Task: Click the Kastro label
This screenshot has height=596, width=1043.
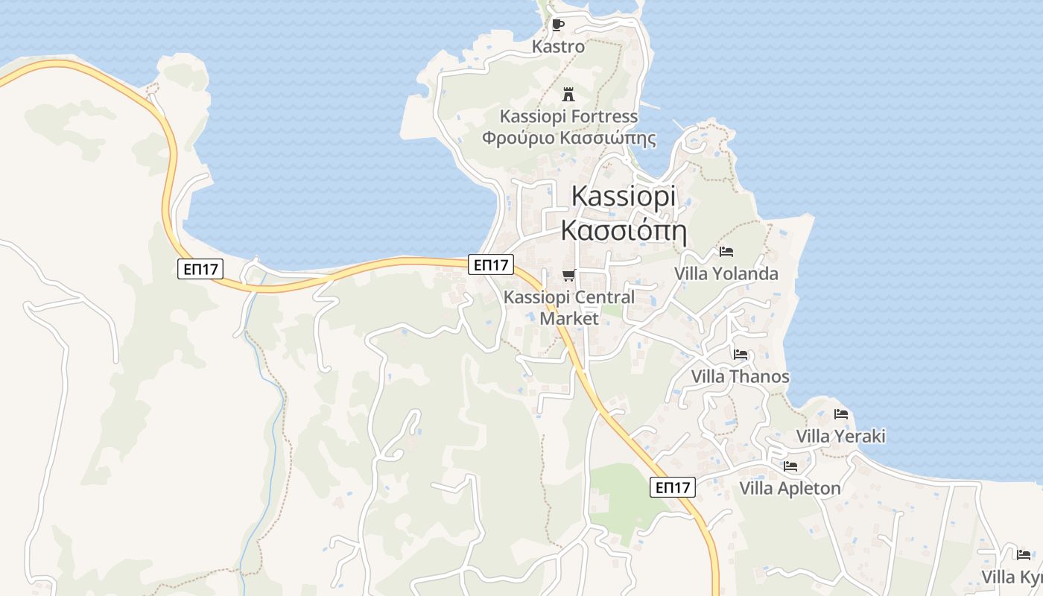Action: [x=558, y=46]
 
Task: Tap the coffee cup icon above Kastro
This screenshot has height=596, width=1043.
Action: [x=558, y=25]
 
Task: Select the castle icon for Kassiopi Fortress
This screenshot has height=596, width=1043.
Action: [x=568, y=95]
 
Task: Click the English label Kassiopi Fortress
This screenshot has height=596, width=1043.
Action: [x=568, y=116]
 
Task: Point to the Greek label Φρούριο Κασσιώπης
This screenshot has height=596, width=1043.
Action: [x=568, y=138]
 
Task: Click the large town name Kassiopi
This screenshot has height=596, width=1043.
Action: [x=624, y=196]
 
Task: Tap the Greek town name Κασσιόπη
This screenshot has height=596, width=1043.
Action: [x=624, y=230]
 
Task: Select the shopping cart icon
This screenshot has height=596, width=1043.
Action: [x=569, y=276]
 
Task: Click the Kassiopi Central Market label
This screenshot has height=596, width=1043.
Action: [x=569, y=308]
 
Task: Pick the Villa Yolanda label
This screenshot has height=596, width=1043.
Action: [x=726, y=273]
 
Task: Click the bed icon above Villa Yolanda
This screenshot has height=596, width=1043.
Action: [x=726, y=252]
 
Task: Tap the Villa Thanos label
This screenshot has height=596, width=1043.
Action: [x=740, y=376]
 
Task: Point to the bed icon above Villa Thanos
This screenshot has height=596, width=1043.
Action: [x=740, y=355]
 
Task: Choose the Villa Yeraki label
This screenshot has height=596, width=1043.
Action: [x=841, y=436]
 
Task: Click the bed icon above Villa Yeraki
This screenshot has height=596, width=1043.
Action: [x=841, y=414]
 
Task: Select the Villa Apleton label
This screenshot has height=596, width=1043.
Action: [x=790, y=488]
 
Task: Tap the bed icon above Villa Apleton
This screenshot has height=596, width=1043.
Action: [x=790, y=466]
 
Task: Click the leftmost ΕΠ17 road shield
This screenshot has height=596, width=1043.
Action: [x=200, y=269]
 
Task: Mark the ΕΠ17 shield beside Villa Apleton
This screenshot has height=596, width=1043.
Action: [x=673, y=487]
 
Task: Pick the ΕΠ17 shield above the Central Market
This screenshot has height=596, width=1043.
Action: [x=491, y=264]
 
